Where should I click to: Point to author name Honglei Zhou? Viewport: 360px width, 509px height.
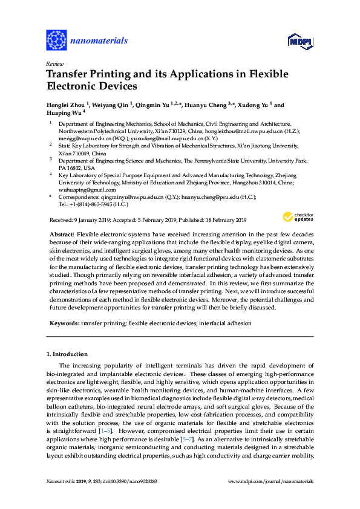tap(65, 105)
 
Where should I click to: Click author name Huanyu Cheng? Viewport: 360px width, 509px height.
tap(200, 105)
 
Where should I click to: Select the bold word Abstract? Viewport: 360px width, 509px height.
tap(62, 234)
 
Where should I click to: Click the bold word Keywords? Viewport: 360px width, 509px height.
tap(64, 324)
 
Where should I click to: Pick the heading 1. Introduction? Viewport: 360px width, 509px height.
tap(67, 354)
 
